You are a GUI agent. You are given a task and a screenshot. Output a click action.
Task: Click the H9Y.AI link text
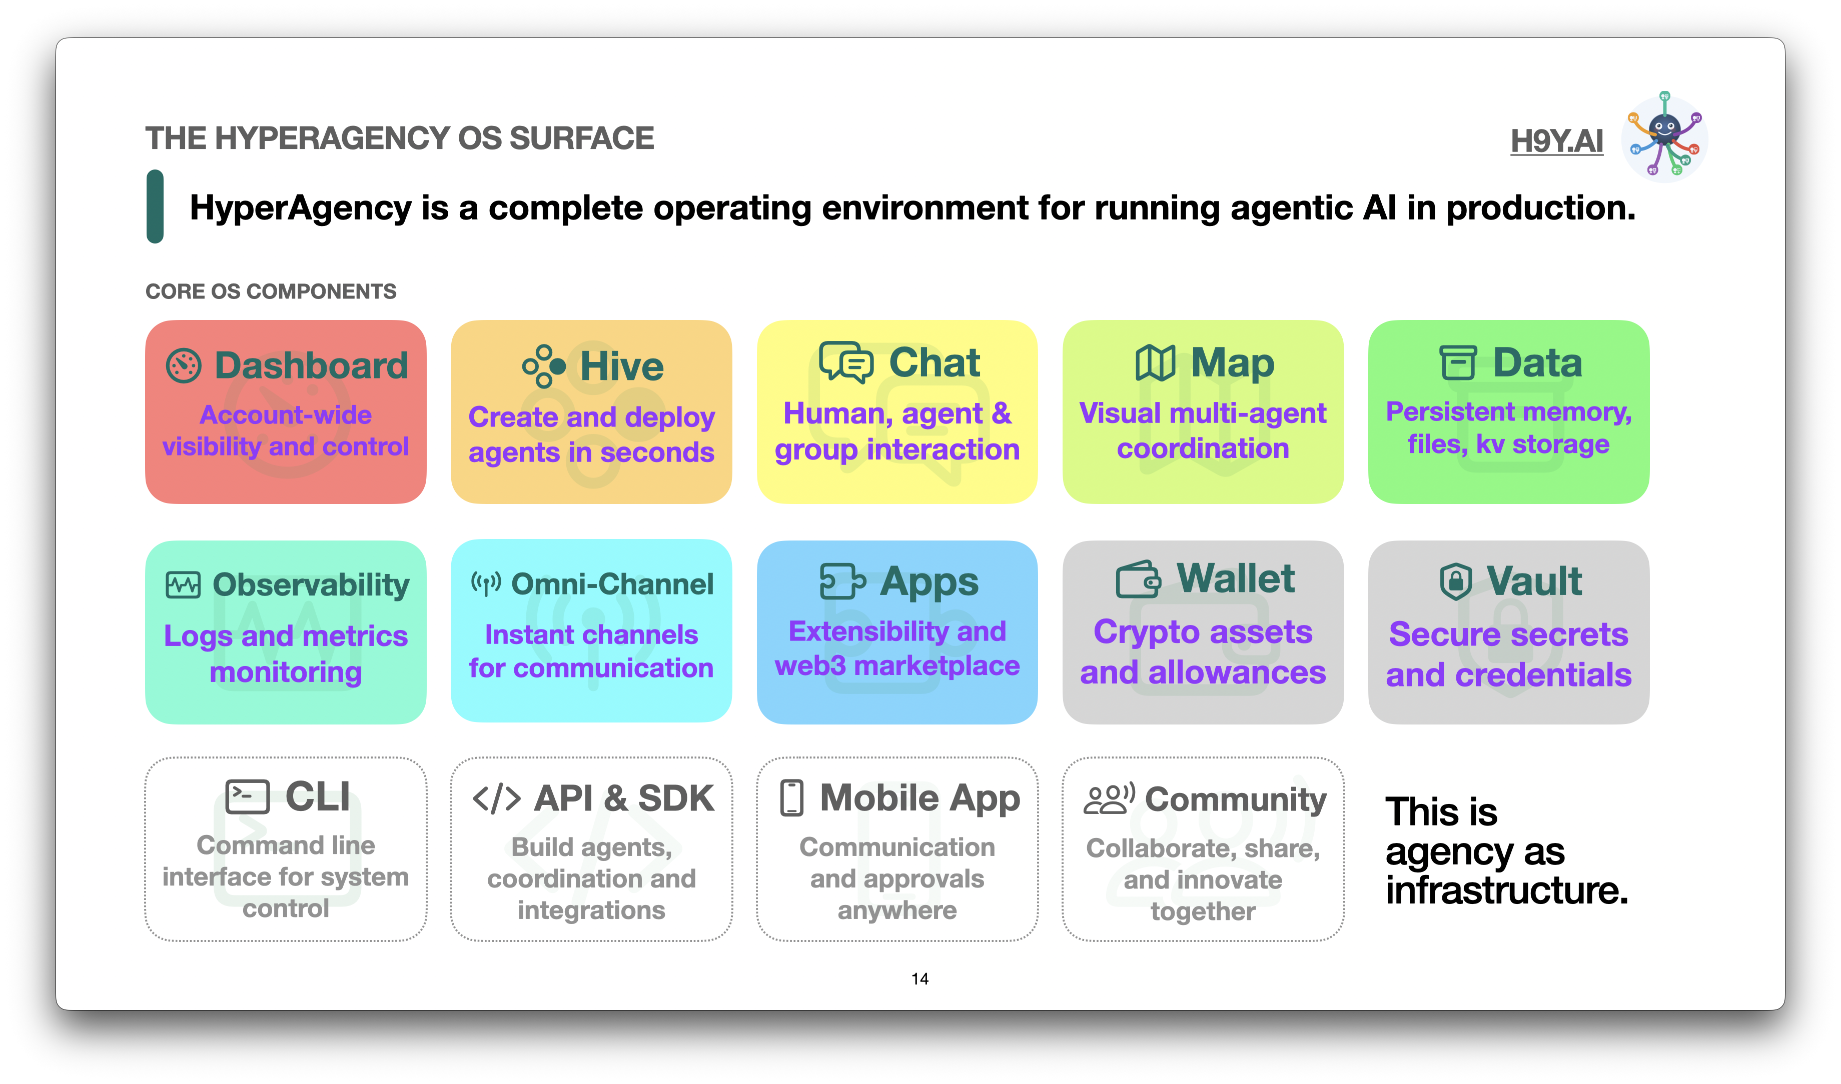click(x=1557, y=141)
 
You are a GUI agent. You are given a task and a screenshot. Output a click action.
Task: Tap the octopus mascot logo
click(x=1664, y=136)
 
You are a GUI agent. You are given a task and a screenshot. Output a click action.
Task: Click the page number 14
click(x=920, y=979)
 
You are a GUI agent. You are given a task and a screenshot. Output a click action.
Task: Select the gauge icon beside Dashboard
click(x=184, y=365)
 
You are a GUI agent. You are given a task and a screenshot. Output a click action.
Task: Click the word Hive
click(x=622, y=366)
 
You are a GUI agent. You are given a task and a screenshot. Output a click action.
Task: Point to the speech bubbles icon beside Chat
click(x=845, y=361)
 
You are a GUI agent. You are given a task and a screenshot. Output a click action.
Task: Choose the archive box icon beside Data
click(x=1458, y=362)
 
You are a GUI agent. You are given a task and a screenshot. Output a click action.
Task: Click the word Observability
click(x=311, y=585)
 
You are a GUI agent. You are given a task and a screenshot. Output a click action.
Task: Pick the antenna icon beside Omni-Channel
click(x=486, y=583)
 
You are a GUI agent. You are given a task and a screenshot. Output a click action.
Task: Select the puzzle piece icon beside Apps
click(x=842, y=581)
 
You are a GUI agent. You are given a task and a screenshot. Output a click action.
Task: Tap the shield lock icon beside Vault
click(x=1455, y=581)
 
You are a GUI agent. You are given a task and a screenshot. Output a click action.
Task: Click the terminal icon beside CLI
click(x=247, y=796)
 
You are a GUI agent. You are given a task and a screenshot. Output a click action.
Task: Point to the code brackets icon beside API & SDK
click(x=497, y=798)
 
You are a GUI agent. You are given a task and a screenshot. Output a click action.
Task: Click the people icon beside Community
click(x=1109, y=798)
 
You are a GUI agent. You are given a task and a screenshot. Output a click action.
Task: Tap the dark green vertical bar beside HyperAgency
click(x=155, y=206)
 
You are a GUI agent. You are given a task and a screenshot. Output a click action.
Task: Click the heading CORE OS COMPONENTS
click(x=271, y=291)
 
